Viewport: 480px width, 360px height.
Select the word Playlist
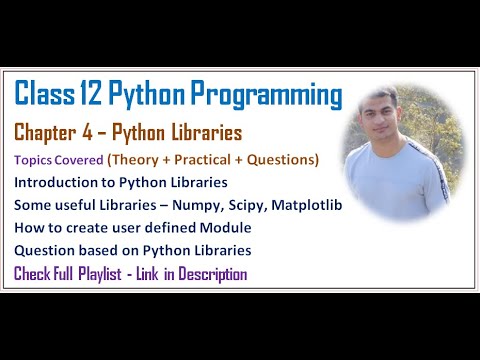113,273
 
